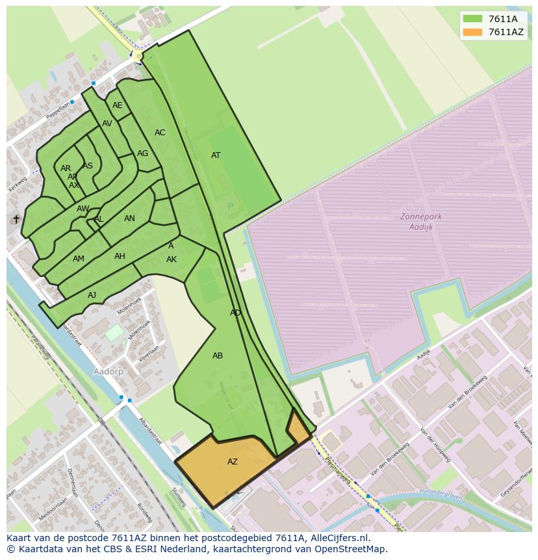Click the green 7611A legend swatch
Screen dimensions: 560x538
[x=472, y=20]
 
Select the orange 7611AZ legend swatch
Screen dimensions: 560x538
[x=472, y=32]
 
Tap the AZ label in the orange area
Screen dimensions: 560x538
[x=232, y=462]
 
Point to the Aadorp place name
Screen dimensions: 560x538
[x=109, y=371]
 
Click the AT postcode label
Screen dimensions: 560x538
[x=216, y=155]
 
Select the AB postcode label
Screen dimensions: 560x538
[x=218, y=356]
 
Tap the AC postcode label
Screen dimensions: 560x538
[x=160, y=133]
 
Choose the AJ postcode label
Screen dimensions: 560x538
[x=92, y=295]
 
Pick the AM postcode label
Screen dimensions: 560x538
[x=79, y=259]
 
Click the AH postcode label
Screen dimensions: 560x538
[x=120, y=256]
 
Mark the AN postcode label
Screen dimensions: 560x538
[x=129, y=219]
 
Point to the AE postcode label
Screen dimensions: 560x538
[x=118, y=105]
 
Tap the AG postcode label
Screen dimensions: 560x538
[x=142, y=153]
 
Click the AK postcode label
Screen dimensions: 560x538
[x=172, y=260]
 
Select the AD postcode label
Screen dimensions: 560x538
[x=235, y=313]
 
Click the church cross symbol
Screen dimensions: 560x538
[x=16, y=219]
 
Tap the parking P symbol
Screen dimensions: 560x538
[x=230, y=207]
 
